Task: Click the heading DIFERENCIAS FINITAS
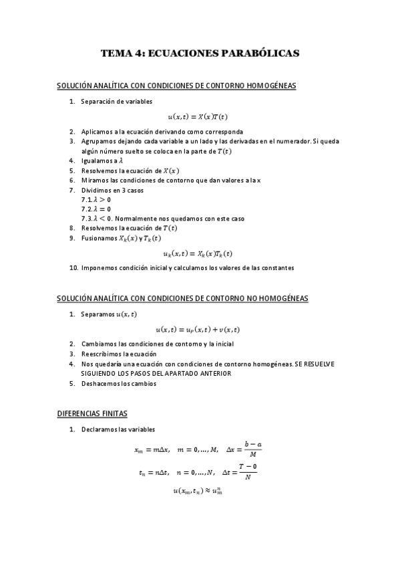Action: (x=91, y=414)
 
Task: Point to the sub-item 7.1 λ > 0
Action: (x=96, y=199)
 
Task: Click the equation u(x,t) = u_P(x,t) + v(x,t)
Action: (x=197, y=329)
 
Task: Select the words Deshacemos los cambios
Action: (x=118, y=384)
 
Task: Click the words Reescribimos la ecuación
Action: (x=118, y=354)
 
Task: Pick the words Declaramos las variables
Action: (x=118, y=429)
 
